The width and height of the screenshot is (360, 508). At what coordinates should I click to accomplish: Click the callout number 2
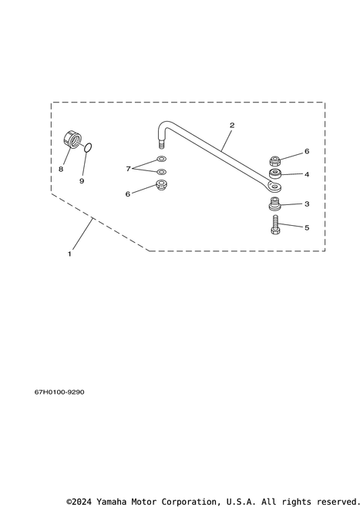click(232, 126)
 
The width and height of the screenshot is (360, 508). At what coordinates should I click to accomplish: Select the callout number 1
click(69, 254)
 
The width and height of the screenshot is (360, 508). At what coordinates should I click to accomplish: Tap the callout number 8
click(61, 169)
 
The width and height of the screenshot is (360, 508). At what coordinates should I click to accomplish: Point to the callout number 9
click(82, 181)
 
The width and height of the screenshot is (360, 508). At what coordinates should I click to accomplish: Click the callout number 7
click(128, 169)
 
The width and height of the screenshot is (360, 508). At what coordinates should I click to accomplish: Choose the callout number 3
click(307, 204)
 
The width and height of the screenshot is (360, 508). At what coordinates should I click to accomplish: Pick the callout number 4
click(307, 174)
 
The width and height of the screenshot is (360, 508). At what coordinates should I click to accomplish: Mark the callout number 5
click(307, 227)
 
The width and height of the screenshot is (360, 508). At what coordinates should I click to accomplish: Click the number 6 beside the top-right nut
click(307, 151)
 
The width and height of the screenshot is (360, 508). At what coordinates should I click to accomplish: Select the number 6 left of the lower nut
click(128, 194)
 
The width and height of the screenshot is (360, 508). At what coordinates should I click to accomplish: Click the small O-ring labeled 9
click(88, 148)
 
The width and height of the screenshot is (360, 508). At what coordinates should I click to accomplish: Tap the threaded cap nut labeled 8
click(72, 140)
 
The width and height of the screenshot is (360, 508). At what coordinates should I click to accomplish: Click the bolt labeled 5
click(275, 225)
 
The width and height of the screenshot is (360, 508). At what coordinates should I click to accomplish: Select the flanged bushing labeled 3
click(274, 204)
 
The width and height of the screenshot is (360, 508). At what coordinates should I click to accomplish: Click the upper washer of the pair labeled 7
click(161, 159)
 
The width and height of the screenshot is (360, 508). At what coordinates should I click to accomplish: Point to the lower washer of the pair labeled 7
click(161, 171)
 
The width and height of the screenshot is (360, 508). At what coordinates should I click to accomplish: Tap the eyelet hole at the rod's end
click(276, 186)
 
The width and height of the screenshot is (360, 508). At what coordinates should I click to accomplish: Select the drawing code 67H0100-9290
click(59, 392)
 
